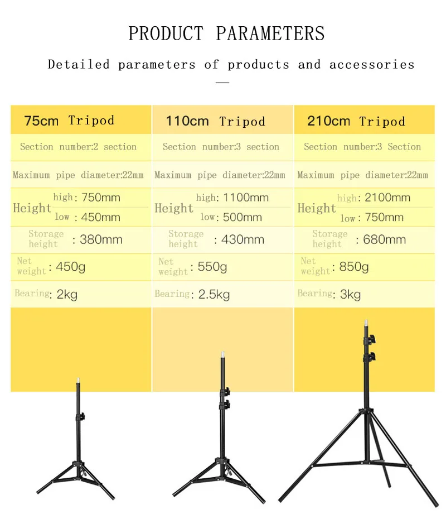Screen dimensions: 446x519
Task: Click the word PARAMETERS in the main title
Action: pyautogui.click(x=270, y=33)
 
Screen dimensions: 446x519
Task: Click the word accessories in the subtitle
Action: pyautogui.click(x=372, y=64)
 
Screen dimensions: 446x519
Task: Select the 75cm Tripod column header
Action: pyautogui.click(x=70, y=121)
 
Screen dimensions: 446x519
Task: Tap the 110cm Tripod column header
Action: pyautogui.click(x=216, y=121)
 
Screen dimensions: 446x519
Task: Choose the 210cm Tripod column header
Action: pyautogui.click(x=356, y=121)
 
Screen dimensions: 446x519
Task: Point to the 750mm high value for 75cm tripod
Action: pyautogui.click(x=101, y=197)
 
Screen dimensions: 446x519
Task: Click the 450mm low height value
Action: pyautogui.click(x=100, y=217)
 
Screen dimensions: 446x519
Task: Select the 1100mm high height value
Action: pyautogui.click(x=246, y=198)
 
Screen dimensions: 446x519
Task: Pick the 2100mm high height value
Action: pyautogui.click(x=387, y=198)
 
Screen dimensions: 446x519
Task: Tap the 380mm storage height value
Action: pyautogui.click(x=101, y=239)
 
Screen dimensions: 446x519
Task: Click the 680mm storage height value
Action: pyautogui.click(x=385, y=239)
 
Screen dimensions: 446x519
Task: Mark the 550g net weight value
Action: pyautogui.click(x=212, y=267)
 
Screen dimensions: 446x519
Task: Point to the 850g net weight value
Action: pyautogui.click(x=354, y=267)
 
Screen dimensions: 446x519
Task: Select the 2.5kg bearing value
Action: pyautogui.click(x=214, y=294)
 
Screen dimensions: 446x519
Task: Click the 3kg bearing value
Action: pyautogui.click(x=351, y=294)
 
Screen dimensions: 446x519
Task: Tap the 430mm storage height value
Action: pyautogui.click(x=243, y=239)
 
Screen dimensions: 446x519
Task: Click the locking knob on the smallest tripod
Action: pyautogui.click(x=81, y=417)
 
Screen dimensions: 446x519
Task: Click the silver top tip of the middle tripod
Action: pyautogui.click(x=223, y=355)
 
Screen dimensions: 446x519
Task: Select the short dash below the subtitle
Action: pyautogui.click(x=222, y=83)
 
